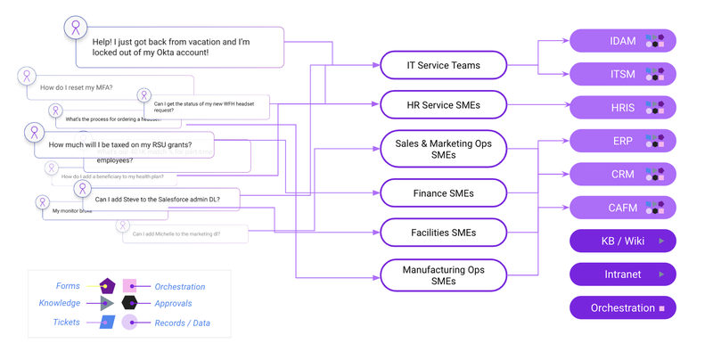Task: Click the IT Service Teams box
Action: tap(443, 65)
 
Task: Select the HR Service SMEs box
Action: tap(443, 104)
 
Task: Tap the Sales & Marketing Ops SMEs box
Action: tap(443, 149)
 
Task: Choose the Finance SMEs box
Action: tap(443, 192)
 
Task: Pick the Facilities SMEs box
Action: tap(443, 233)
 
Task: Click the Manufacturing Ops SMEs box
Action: tap(443, 274)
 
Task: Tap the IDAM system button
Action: tap(622, 41)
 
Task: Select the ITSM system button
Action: tap(622, 74)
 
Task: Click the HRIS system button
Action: tap(622, 108)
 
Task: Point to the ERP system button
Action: tap(622, 141)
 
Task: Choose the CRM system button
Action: tap(622, 175)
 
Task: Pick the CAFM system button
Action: tap(622, 208)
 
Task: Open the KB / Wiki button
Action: tap(622, 241)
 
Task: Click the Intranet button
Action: tap(622, 274)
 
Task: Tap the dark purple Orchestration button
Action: tap(622, 308)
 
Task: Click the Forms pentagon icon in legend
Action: tap(107, 286)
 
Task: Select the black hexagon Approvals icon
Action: tap(130, 304)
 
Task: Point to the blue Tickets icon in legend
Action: tap(107, 323)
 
